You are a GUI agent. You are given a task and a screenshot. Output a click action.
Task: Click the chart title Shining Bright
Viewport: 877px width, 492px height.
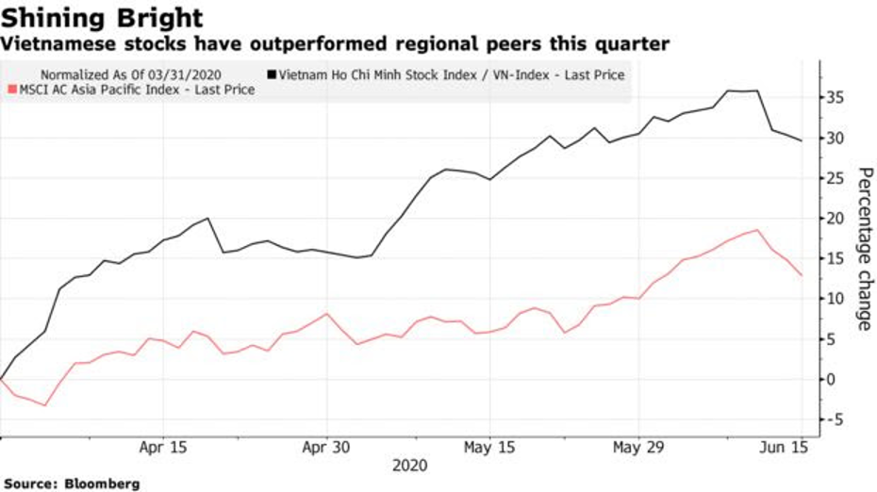[x=103, y=18]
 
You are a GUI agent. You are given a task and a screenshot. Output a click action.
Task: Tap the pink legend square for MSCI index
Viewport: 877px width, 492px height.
[x=11, y=90]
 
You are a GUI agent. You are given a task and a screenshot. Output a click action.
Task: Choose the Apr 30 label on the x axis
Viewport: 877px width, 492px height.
[x=325, y=449]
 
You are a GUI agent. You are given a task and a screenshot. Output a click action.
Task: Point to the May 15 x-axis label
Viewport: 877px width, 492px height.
[x=488, y=449]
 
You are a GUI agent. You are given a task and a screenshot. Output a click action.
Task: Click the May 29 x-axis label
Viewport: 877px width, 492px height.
[x=638, y=449]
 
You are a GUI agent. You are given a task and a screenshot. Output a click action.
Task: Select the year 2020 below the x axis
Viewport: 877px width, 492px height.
[x=409, y=466]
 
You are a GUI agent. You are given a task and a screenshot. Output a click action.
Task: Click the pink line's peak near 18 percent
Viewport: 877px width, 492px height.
[x=757, y=230]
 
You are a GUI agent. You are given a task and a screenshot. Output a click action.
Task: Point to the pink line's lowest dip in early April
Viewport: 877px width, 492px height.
[x=45, y=405]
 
